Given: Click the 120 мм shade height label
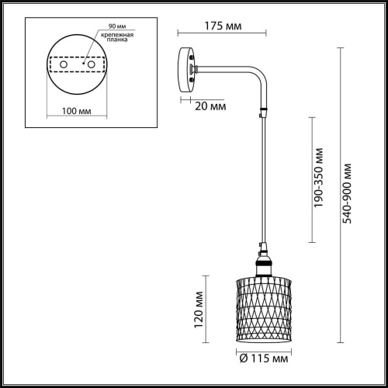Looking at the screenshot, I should click(199, 309).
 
